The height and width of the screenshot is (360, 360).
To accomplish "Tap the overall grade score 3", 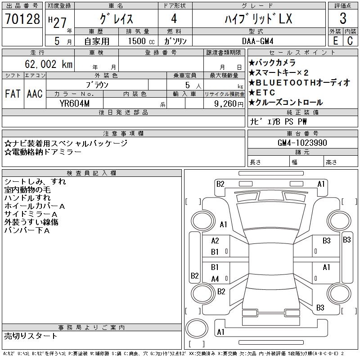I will (343, 18).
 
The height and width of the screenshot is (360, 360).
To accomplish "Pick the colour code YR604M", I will (74, 103).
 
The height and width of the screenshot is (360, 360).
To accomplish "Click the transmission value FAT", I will (13, 94).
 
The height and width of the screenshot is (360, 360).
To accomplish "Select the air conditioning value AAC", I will (35, 94).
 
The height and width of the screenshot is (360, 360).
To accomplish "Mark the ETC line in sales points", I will (265, 93).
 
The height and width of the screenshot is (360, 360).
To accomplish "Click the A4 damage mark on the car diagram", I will (215, 279).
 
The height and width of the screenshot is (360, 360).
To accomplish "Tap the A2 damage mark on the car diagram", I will (215, 241).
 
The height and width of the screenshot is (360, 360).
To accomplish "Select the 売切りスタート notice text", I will (31, 336).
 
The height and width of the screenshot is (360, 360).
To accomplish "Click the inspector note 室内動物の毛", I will (27, 190).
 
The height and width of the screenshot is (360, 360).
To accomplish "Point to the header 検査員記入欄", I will (91, 173).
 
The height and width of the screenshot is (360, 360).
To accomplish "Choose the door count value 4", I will (174, 18).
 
